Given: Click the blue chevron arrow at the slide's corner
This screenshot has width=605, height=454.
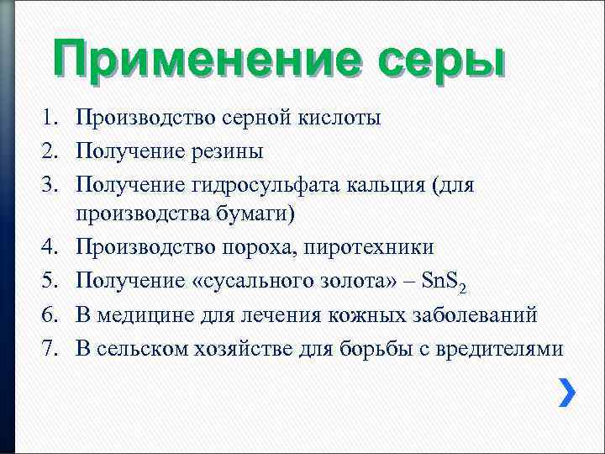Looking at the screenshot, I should pos(568,393).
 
